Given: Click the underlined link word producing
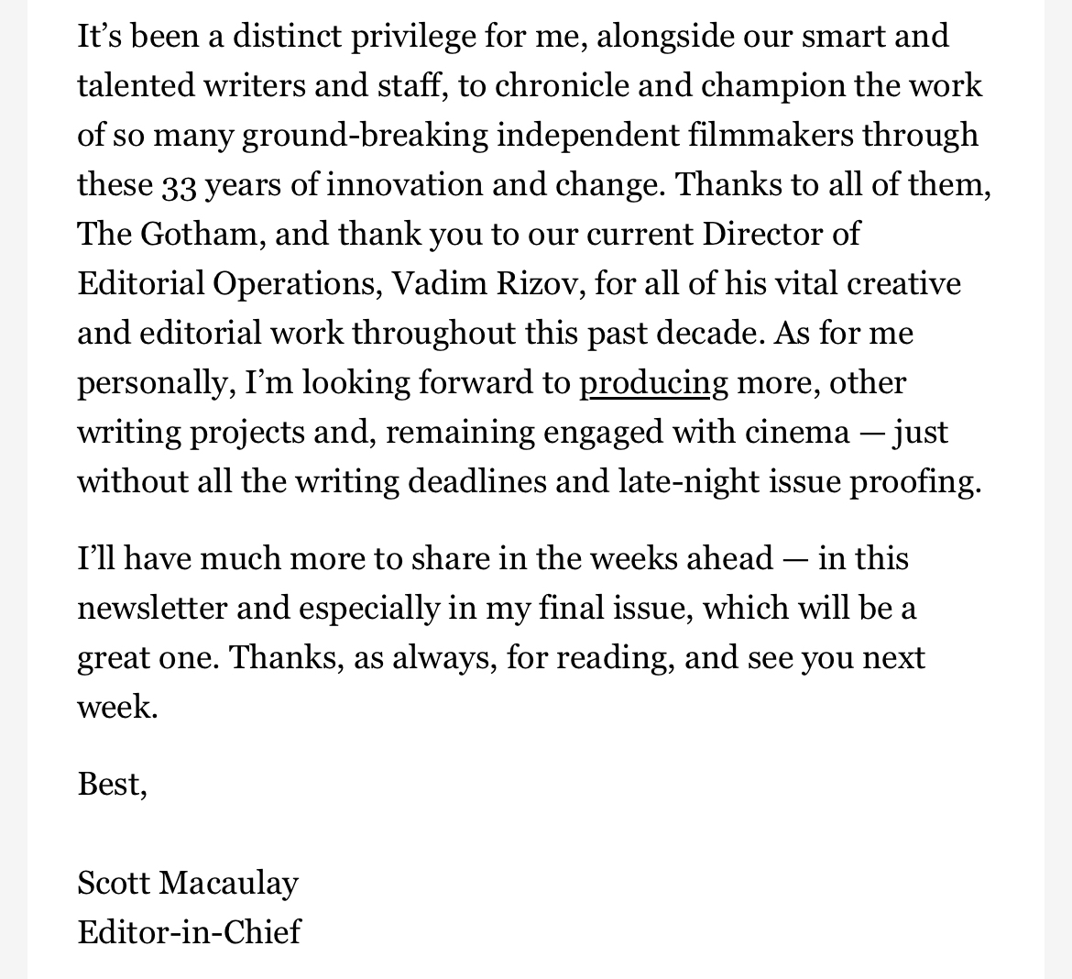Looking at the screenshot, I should click(x=653, y=382).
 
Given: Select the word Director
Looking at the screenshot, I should click(x=763, y=234).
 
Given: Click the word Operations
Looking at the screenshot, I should click(x=297, y=284).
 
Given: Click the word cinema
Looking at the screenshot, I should click(x=797, y=432).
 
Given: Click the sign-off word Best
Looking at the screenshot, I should click(x=111, y=784).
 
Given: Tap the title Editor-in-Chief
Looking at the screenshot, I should click(x=190, y=932).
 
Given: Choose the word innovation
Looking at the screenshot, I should click(x=404, y=185).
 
